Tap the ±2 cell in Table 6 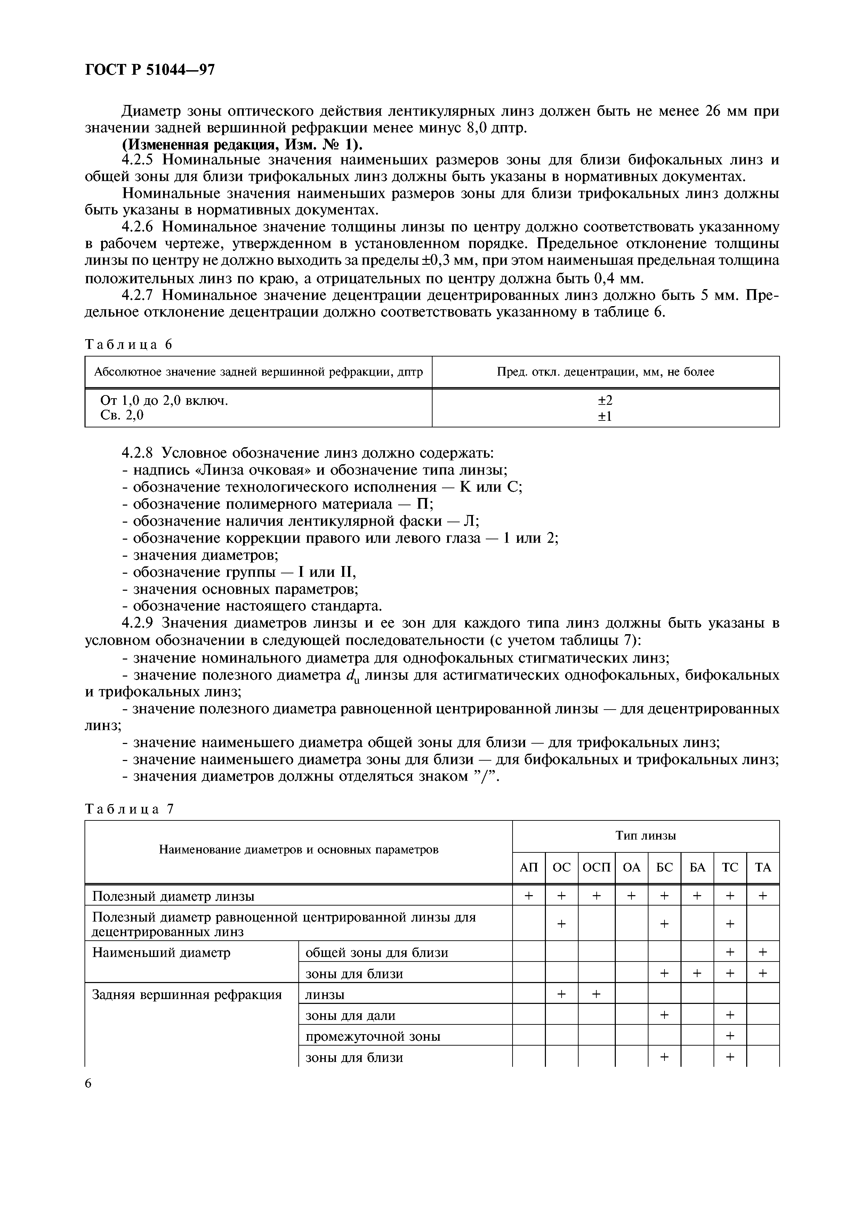tap(605, 400)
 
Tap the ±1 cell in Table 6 tap(605, 416)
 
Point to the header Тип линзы tap(645, 836)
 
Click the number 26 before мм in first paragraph tap(714, 111)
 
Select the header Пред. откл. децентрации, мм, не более tap(605, 372)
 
